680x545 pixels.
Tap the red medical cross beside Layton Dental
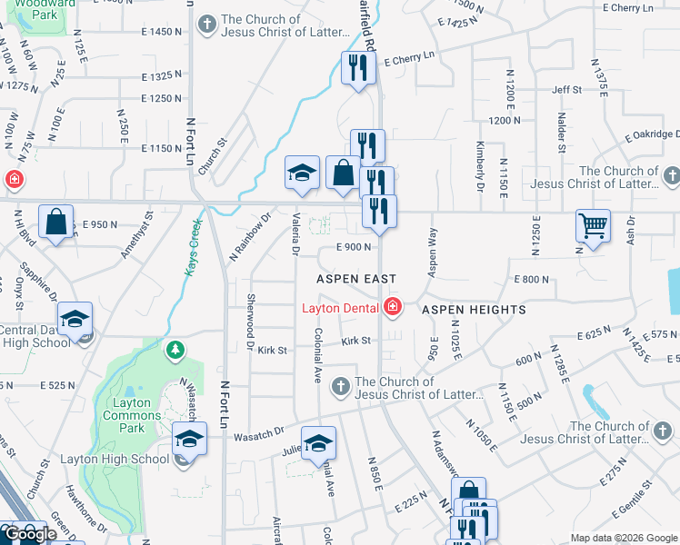tap(392, 308)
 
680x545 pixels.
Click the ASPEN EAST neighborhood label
tap(356, 278)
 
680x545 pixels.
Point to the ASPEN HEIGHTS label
tap(474, 310)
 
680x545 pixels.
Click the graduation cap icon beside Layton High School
tap(189, 440)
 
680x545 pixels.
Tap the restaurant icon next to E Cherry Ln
tap(359, 67)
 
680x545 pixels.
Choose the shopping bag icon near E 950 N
tap(55, 222)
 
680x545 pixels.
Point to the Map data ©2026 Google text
tap(624, 538)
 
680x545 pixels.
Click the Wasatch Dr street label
tap(259, 436)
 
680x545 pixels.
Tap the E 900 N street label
tap(355, 246)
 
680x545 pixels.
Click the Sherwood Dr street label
tap(250, 321)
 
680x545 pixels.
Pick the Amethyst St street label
tap(136, 233)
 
